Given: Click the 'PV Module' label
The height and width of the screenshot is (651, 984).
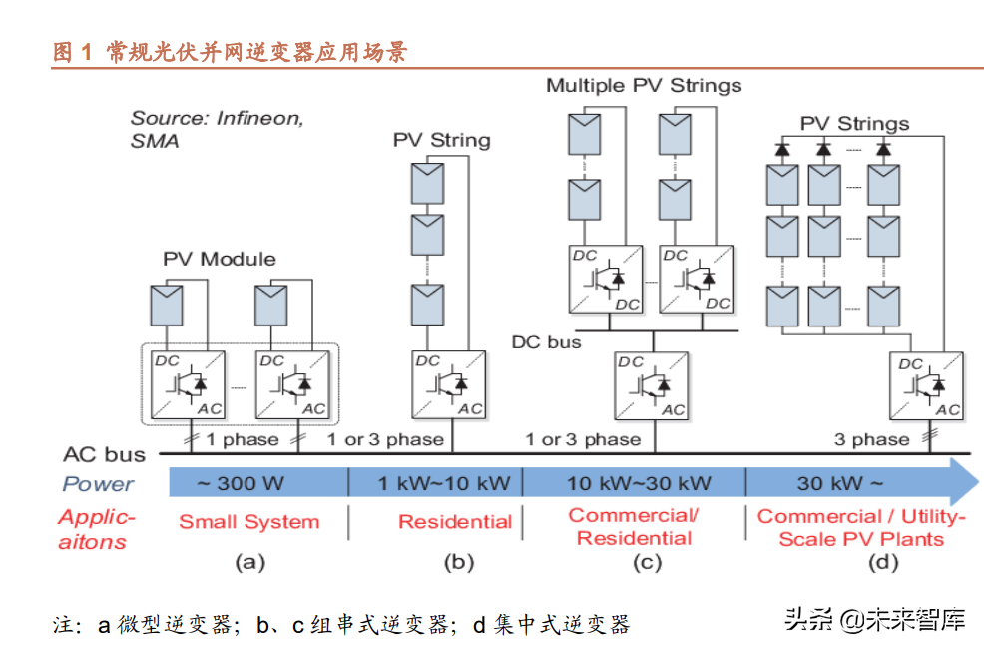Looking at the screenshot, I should (x=220, y=260).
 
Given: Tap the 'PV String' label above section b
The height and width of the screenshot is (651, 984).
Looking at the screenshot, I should (x=441, y=140).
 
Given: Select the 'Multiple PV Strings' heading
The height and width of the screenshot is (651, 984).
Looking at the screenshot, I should (x=644, y=85).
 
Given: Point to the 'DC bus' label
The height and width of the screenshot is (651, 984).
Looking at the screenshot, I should (x=546, y=342).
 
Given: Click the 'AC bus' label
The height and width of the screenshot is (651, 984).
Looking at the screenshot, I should (x=104, y=455).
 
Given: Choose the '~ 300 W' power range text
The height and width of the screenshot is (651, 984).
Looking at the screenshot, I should (x=241, y=484).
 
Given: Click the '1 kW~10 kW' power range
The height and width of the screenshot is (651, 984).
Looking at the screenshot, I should (x=444, y=484).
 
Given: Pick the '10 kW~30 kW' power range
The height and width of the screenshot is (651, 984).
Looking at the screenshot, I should (x=639, y=484).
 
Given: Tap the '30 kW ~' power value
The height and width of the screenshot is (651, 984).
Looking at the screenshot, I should (x=839, y=484).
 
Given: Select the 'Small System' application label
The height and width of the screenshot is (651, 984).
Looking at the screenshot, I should (x=248, y=522).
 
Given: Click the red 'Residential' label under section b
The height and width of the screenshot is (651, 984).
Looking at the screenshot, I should (x=455, y=522).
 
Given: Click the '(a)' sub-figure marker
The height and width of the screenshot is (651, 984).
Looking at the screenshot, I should (x=249, y=563).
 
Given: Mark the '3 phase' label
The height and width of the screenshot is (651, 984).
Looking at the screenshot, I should (x=872, y=439).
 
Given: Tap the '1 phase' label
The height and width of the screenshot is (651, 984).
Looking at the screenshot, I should (x=243, y=439).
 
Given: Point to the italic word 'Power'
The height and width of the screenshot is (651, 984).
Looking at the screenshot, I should (x=98, y=485).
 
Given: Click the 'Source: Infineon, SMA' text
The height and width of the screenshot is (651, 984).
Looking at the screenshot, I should (x=216, y=129).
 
